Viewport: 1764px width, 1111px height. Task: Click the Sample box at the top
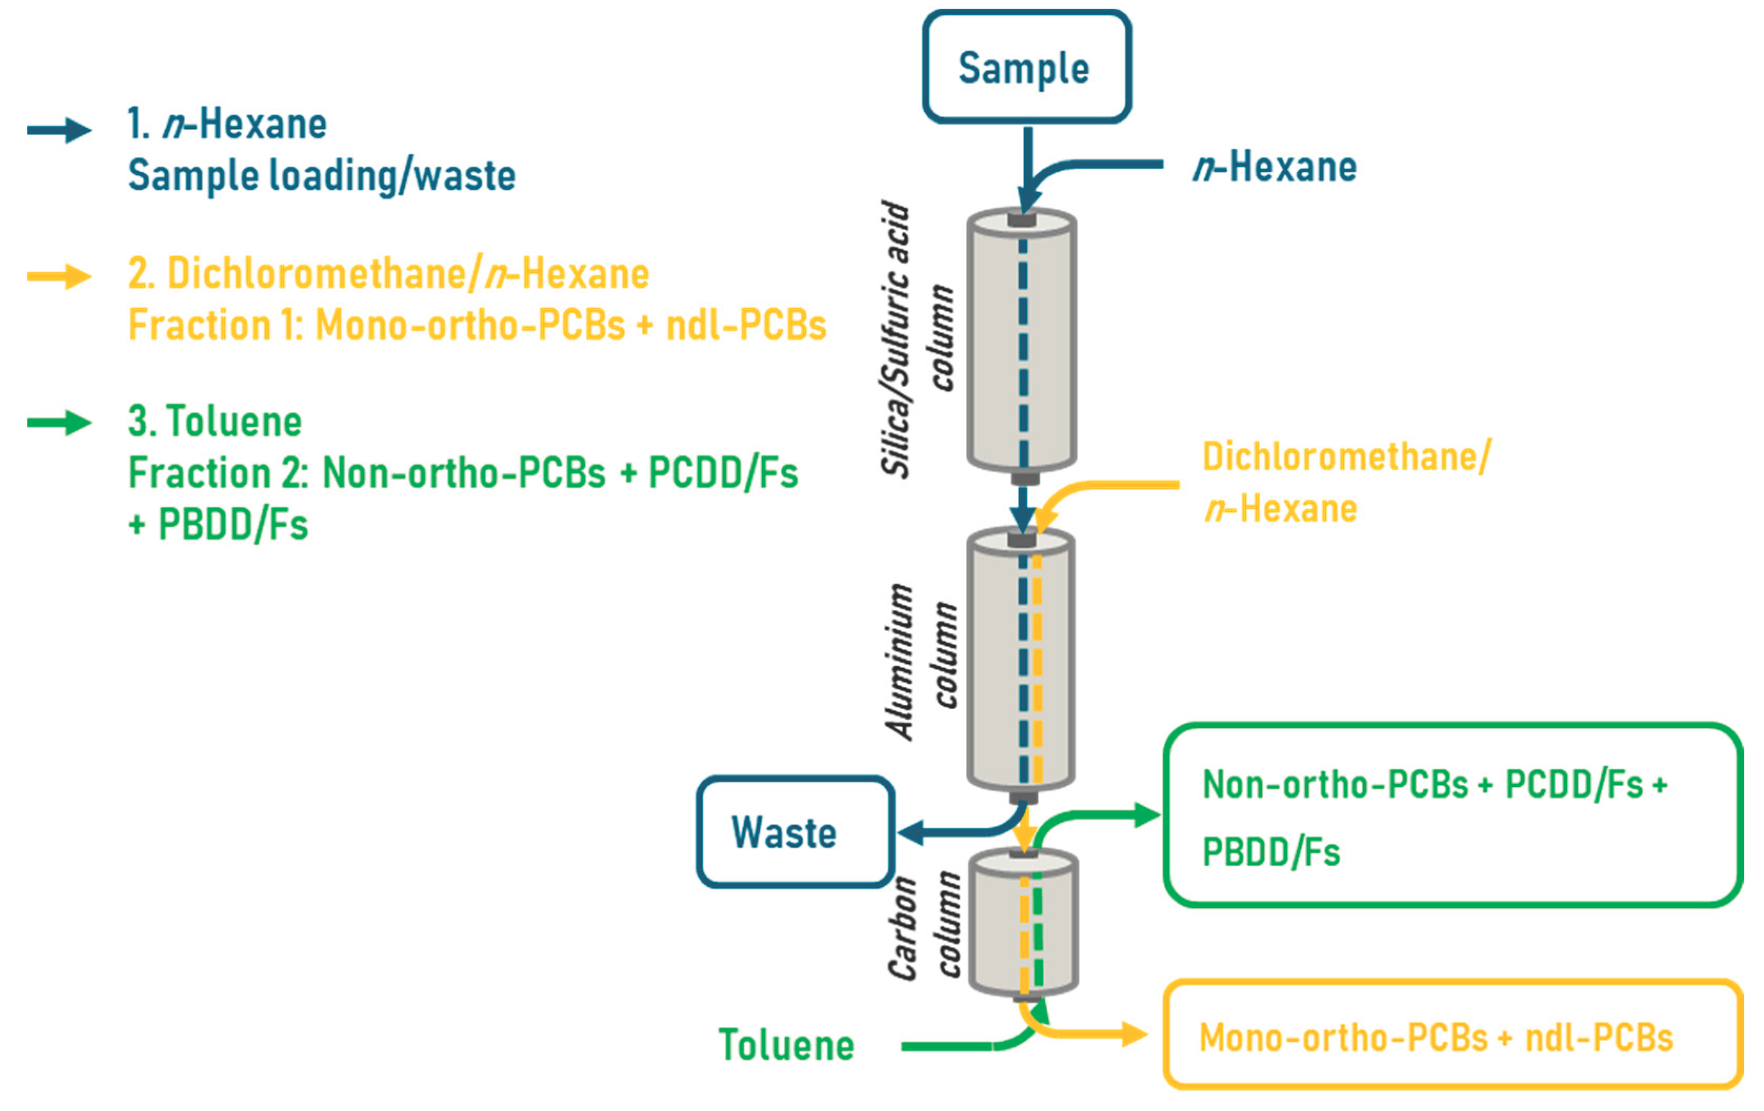click(x=1026, y=67)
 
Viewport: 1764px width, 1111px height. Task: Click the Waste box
click(x=795, y=833)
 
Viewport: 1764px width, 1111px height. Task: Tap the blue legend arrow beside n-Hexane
click(x=59, y=130)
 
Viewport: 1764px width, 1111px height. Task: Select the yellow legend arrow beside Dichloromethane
click(x=59, y=277)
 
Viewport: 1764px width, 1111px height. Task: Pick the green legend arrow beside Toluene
click(x=59, y=422)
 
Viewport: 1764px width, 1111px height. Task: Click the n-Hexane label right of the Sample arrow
click(x=1275, y=167)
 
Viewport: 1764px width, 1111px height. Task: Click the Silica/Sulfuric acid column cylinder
click(x=1022, y=340)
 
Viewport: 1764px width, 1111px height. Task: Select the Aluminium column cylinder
click(x=1022, y=659)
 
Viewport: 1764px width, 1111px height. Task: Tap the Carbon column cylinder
click(x=1024, y=924)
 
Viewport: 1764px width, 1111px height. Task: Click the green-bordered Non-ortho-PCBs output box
click(x=1452, y=816)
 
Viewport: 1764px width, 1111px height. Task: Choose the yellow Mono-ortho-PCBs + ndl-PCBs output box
click(x=1452, y=1036)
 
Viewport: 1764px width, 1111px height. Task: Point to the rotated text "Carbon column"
click(x=923, y=926)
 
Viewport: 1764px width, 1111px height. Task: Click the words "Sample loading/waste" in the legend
click(x=322, y=176)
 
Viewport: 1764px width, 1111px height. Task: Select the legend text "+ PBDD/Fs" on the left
click(x=218, y=524)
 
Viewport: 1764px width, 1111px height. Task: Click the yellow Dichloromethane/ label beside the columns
click(x=1347, y=457)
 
